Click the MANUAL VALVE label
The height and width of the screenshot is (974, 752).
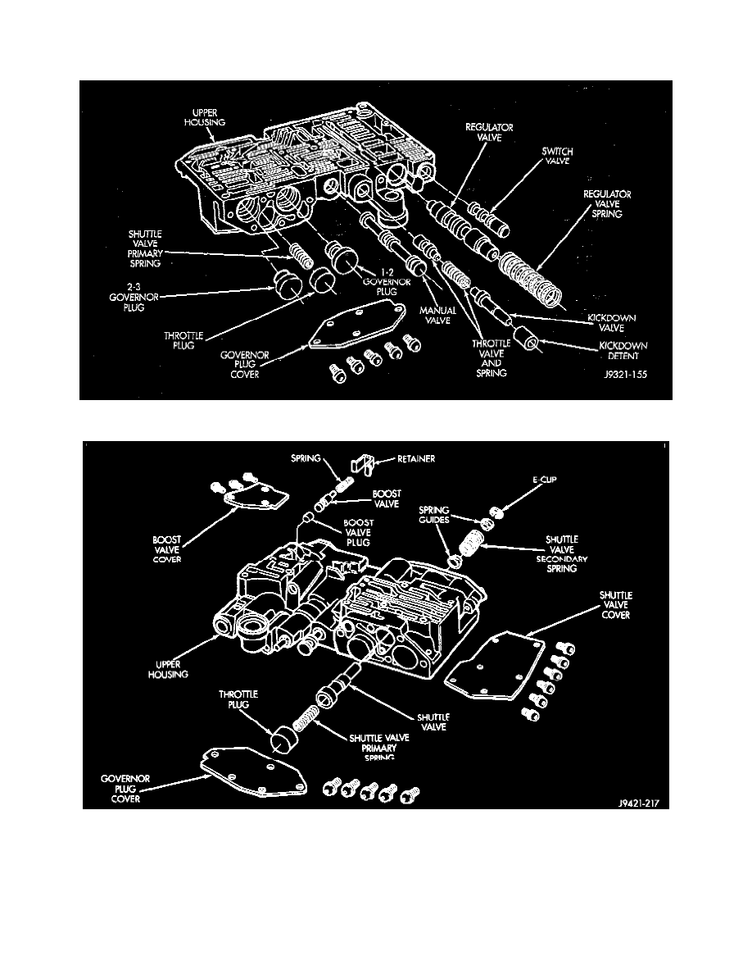[439, 316]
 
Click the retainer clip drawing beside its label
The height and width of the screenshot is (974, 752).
[362, 465]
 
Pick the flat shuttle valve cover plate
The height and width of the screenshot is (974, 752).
[492, 667]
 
